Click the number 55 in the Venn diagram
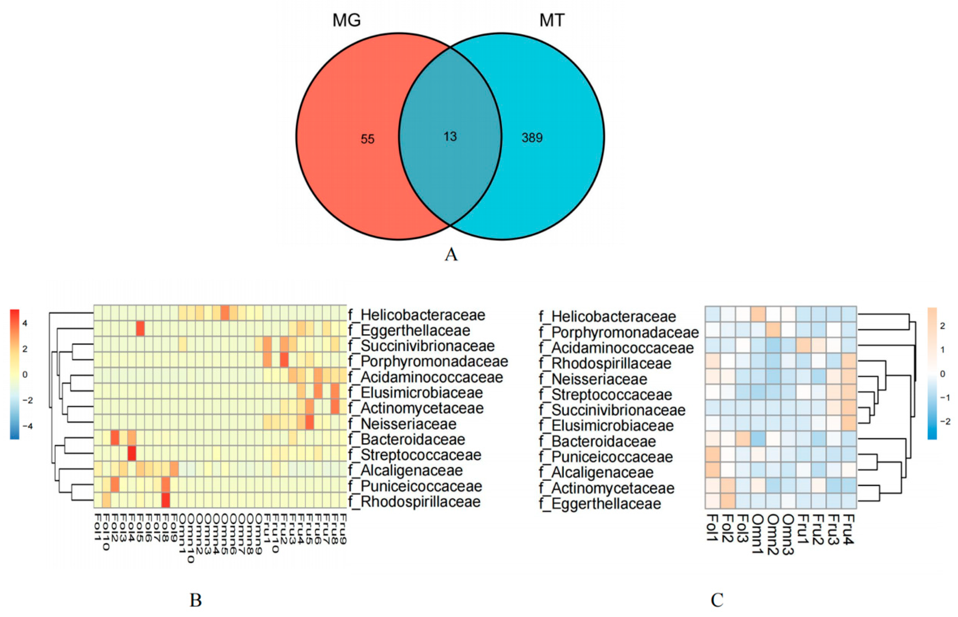[367, 139]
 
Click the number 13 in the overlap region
[450, 137]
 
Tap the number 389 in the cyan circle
[532, 138]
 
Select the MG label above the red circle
[346, 20]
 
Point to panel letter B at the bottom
[195, 600]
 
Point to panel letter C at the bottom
[717, 600]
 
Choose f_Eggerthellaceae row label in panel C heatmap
[600, 504]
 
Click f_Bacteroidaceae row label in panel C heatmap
[597, 441]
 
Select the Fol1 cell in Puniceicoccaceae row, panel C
[713, 457]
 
